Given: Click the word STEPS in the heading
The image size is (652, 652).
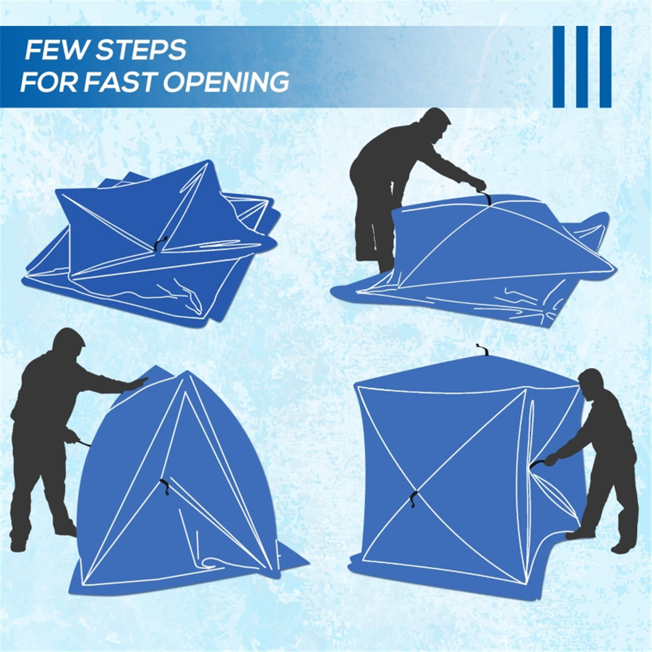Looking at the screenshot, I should [x=141, y=51].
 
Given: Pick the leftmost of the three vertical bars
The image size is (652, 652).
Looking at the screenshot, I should [x=559, y=66].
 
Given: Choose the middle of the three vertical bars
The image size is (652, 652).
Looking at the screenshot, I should [x=582, y=66].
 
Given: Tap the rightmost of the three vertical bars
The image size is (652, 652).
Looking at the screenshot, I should [x=605, y=66].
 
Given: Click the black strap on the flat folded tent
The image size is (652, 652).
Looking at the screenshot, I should [x=157, y=245].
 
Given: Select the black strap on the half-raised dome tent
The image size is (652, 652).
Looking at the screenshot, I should [x=164, y=486].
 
